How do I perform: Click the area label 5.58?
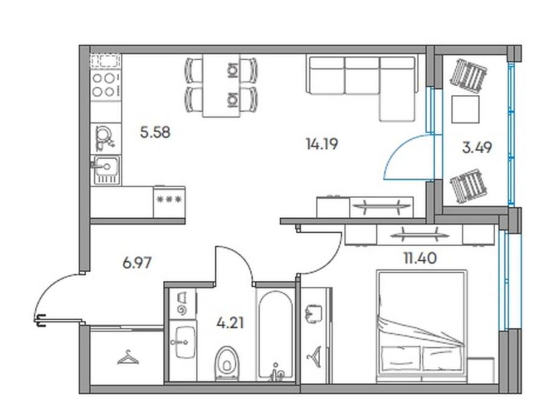point(156,133)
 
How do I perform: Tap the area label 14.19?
point(321,145)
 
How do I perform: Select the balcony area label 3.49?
point(477,148)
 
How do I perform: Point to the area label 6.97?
point(137,263)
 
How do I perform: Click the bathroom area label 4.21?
point(230,323)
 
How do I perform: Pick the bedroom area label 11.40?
point(420,258)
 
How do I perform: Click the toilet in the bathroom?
point(227,362)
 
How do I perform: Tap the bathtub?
point(275,336)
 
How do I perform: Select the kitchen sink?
point(106,170)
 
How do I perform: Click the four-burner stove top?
point(106,84)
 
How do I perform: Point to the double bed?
point(421,326)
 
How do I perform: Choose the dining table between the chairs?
point(221,86)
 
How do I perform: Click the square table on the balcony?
point(465,109)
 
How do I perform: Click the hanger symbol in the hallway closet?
point(128,357)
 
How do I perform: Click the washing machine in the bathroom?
point(183,303)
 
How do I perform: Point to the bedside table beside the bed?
point(481,370)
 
